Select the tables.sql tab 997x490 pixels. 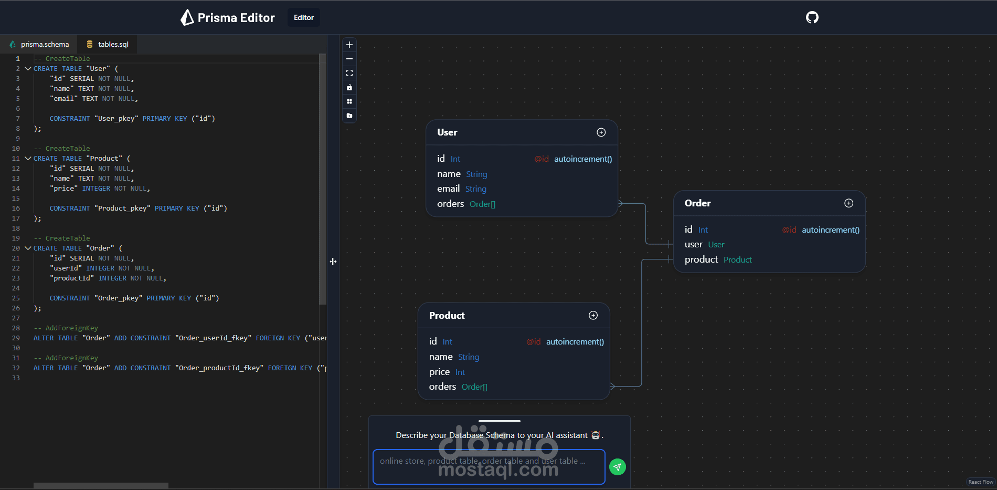[x=108, y=44]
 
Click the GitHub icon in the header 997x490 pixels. [x=812, y=17]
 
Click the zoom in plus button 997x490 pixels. [x=349, y=45]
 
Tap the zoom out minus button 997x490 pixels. [x=349, y=59]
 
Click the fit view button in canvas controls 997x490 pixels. [x=349, y=73]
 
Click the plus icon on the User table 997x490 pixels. [x=601, y=132]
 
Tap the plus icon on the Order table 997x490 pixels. [x=848, y=203]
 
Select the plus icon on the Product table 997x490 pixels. [x=593, y=315]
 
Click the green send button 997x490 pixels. [x=618, y=467]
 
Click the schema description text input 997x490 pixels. [x=488, y=466]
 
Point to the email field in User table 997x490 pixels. [x=449, y=189]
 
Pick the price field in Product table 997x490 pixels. [x=440, y=372]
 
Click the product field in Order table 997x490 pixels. [x=701, y=259]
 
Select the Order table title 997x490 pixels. [x=697, y=203]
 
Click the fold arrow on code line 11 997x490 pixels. [x=28, y=158]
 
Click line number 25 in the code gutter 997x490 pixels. [x=16, y=298]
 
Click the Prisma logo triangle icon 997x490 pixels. [x=187, y=17]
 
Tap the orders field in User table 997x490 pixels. [x=450, y=204]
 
